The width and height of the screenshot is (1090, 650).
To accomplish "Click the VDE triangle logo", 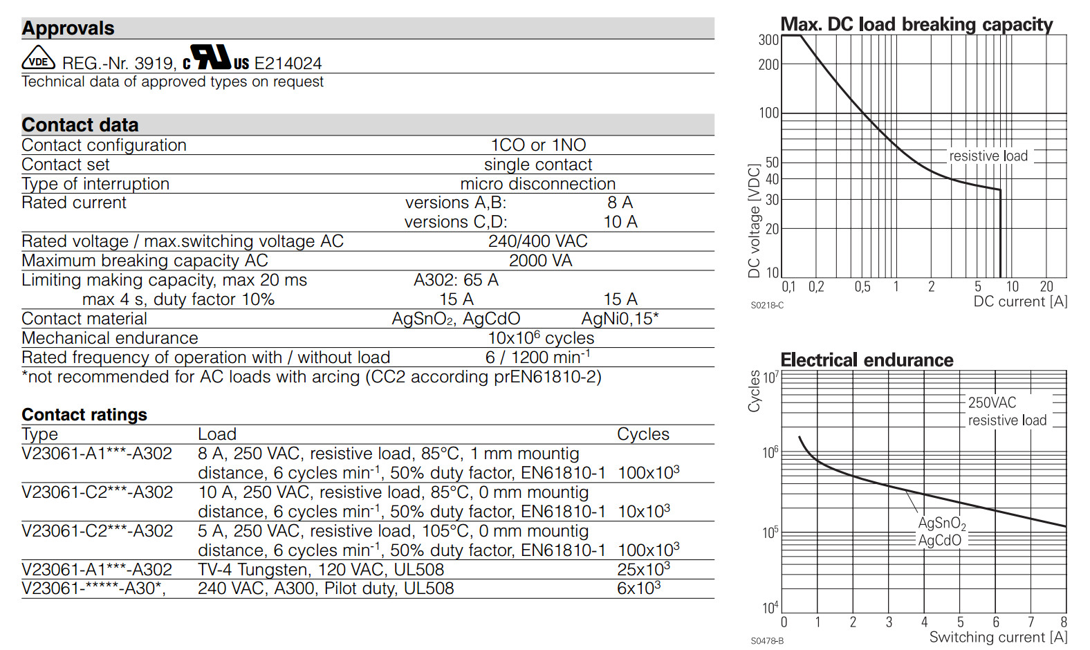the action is click(38, 59).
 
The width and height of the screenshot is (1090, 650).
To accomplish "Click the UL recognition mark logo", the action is click(216, 58).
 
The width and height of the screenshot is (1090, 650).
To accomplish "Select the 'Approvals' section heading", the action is click(68, 28).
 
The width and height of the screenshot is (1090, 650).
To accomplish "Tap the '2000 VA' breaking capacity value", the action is click(541, 261).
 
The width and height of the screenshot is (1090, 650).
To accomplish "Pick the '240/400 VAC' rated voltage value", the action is click(538, 241).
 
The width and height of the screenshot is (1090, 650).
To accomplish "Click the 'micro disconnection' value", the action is click(538, 184).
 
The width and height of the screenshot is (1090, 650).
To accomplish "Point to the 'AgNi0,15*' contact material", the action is click(620, 319).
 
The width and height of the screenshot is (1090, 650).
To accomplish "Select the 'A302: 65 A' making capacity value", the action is click(456, 280).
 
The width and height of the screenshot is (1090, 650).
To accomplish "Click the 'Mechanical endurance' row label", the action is click(110, 338).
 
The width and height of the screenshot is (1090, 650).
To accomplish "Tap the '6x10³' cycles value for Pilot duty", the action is click(638, 588).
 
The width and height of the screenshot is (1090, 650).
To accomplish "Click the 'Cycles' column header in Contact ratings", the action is click(643, 434).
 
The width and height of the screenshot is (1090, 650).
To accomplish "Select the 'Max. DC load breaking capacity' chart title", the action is click(917, 24).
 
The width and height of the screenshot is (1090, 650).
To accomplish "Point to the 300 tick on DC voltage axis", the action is click(769, 40).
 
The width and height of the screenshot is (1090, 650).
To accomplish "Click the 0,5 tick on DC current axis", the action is click(862, 286).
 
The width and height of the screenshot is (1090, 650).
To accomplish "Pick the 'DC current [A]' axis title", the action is click(1020, 301).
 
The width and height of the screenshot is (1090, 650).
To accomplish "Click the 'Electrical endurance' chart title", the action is click(867, 360).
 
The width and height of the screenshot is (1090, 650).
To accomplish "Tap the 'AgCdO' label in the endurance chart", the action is click(940, 541).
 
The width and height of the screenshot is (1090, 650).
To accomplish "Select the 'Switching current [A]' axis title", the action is click(999, 637).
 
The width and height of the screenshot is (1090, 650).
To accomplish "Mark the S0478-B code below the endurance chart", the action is click(767, 641).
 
